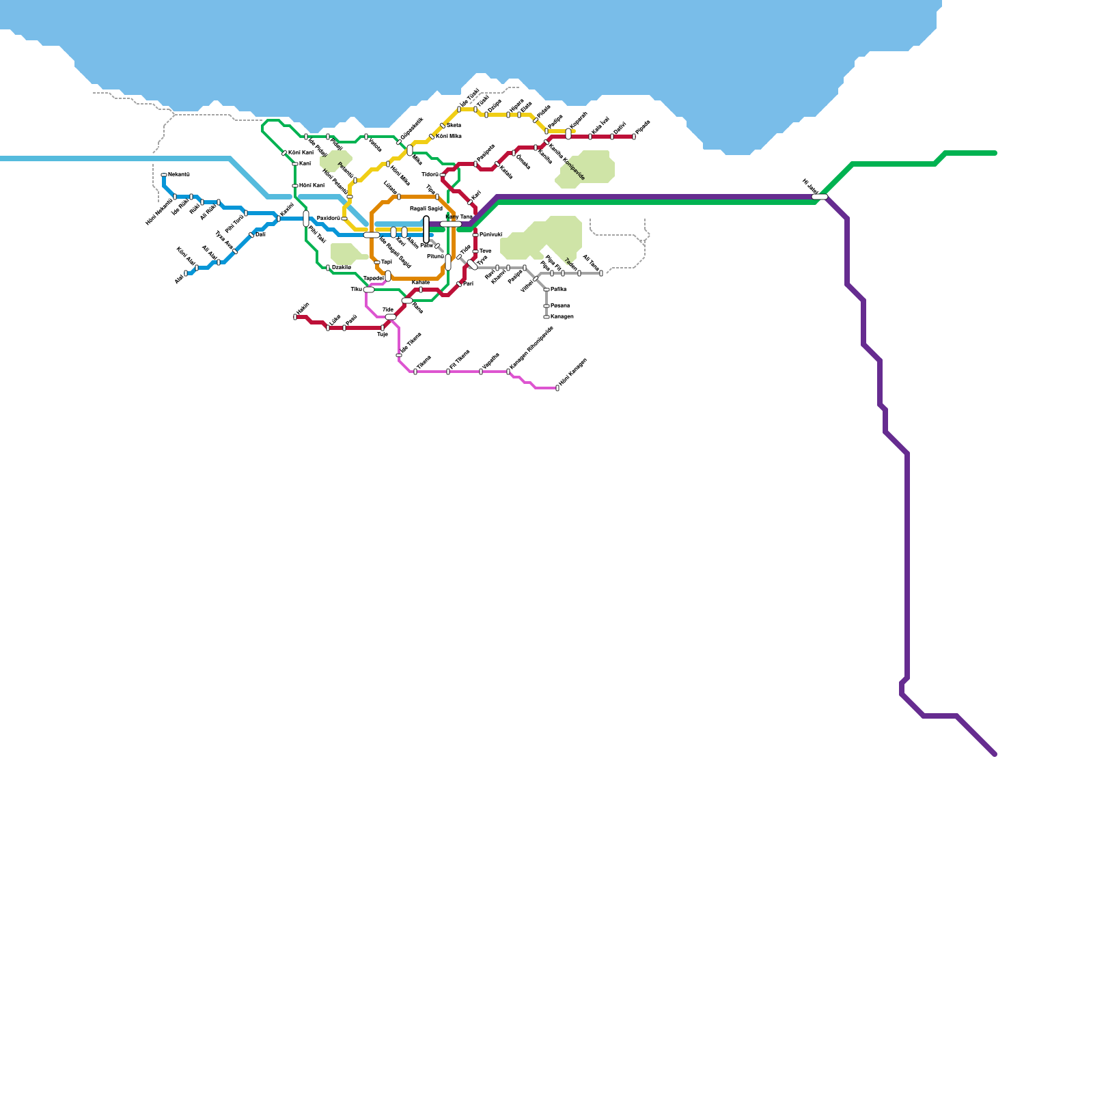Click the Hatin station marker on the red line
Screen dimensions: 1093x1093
(x=295, y=317)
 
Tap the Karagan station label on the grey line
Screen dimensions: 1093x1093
(x=562, y=317)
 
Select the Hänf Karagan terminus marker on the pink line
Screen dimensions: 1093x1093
(x=557, y=388)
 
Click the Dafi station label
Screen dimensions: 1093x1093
(x=260, y=234)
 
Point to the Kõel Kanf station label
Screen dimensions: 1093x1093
(x=301, y=152)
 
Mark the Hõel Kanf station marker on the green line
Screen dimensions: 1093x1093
(x=295, y=186)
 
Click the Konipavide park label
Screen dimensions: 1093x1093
(x=572, y=168)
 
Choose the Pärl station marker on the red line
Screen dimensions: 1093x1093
(x=459, y=284)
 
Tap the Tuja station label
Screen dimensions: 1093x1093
(x=383, y=335)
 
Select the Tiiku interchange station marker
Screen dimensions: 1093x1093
(x=369, y=290)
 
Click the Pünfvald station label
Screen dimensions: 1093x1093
(x=490, y=234)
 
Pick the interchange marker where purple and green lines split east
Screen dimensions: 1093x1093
(x=820, y=197)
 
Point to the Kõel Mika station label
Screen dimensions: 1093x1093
(x=449, y=137)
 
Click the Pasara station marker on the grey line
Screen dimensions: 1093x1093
(x=546, y=306)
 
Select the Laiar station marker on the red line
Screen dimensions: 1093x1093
(x=328, y=328)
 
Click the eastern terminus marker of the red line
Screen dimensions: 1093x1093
(x=634, y=137)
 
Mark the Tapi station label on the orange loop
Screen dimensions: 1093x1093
(x=387, y=262)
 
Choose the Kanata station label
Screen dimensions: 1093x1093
(x=421, y=282)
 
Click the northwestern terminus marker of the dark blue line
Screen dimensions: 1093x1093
(x=164, y=175)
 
